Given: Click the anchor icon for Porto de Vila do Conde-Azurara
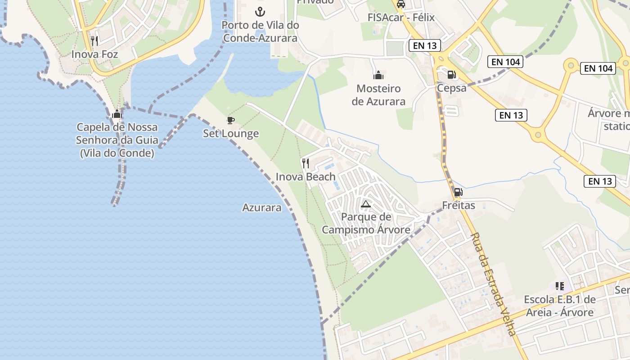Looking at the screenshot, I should point(260,11).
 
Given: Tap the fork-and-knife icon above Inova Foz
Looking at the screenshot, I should point(94,41).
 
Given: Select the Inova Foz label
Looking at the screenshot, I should point(94,54).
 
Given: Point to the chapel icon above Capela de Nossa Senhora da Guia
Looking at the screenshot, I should point(117,114).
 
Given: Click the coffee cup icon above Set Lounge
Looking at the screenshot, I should point(230,120).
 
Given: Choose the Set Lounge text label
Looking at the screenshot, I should point(231,133).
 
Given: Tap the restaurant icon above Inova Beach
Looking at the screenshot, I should point(306,163).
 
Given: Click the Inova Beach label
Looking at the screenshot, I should point(306,176).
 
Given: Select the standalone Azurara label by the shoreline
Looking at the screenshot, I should point(262,207).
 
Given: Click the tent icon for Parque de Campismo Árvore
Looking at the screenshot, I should point(366,204).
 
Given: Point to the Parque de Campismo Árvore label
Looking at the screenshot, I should point(366,223).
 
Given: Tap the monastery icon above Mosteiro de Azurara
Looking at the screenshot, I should point(378,75).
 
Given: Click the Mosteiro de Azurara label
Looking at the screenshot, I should point(378,94).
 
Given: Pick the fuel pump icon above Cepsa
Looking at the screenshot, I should point(451,75).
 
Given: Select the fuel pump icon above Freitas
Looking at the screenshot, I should point(458,192).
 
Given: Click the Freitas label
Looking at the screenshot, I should point(459,206).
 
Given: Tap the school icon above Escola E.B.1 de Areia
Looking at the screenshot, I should point(560,286).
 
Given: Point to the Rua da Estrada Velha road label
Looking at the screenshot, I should point(492,284).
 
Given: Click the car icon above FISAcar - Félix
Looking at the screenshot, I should point(400,4).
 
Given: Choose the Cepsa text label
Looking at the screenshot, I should point(451,88).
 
